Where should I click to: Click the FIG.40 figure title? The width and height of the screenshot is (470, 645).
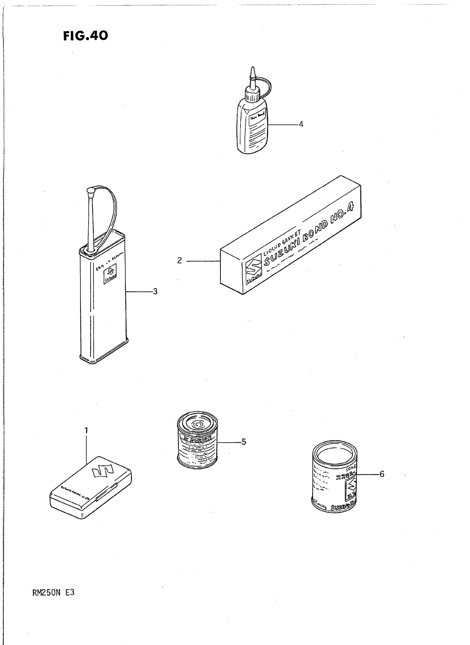click(x=85, y=36)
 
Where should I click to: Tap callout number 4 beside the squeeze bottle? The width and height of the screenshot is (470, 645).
click(x=301, y=124)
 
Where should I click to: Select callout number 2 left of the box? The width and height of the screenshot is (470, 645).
click(x=179, y=261)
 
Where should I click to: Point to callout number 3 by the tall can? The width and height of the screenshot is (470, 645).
click(x=155, y=291)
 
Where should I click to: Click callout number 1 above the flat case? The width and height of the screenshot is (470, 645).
click(x=86, y=431)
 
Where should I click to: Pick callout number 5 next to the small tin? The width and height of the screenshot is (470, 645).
click(x=244, y=442)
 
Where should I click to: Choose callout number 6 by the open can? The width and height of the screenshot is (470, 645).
click(x=382, y=474)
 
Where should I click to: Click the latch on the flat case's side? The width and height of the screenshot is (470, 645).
click(x=107, y=492)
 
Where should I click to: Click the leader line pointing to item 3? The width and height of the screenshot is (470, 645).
click(x=139, y=292)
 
